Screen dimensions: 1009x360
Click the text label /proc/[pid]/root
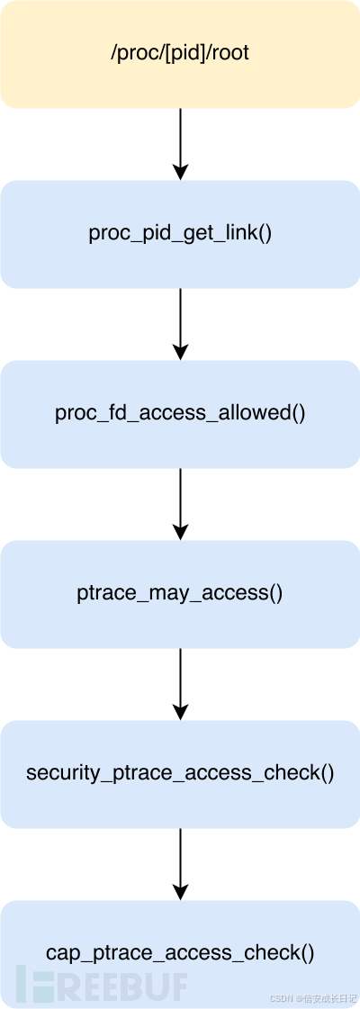(x=180, y=54)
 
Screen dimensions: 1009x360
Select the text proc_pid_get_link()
(x=180, y=234)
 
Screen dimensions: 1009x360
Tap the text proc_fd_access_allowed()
(x=180, y=414)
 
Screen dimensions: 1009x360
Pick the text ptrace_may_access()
(x=180, y=594)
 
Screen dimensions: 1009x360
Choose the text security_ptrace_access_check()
(x=180, y=774)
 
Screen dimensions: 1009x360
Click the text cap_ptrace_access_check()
(x=180, y=954)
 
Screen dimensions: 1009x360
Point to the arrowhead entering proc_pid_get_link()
(x=180, y=172)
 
